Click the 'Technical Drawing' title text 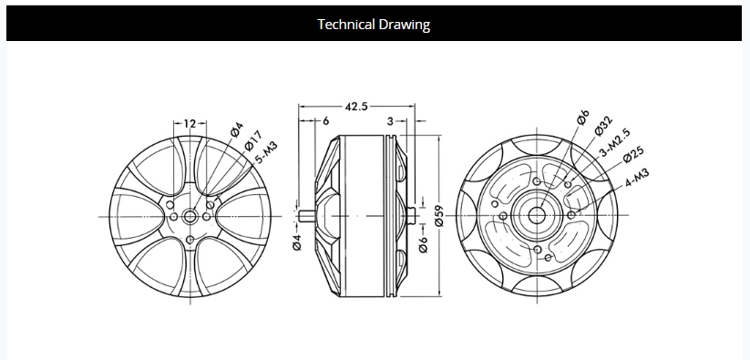pos(374,24)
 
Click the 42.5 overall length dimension pos(356,106)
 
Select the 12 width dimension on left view pos(190,124)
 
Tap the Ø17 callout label pos(253,140)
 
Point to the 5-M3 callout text pos(266,153)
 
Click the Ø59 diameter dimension pos(439,216)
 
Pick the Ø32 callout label pos(603,126)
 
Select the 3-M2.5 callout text pos(615,143)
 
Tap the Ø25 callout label pos(633,154)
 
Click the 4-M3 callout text pos(637,178)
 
